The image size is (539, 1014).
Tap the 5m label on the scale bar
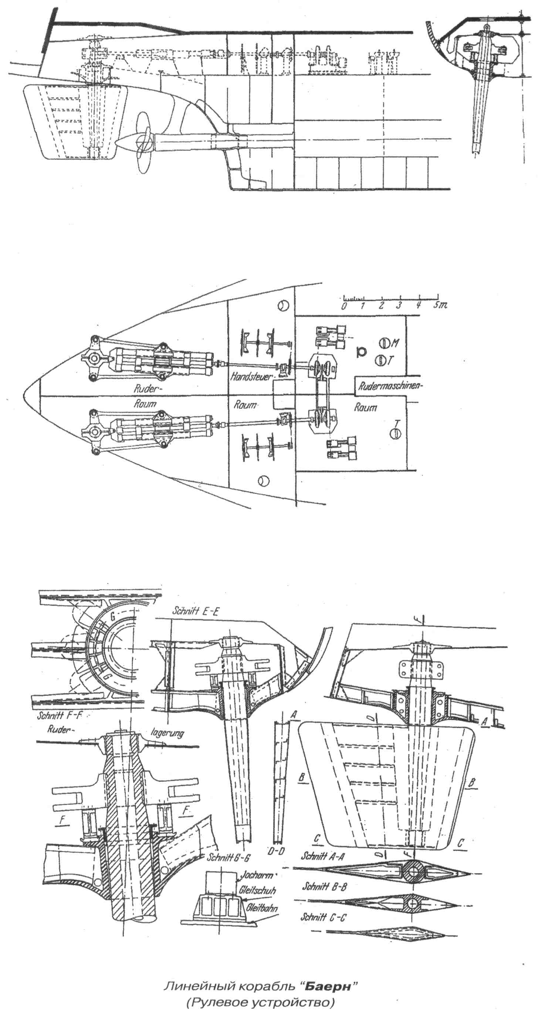440,306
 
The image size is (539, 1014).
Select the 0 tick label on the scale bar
344,306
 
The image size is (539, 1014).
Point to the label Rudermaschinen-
390,386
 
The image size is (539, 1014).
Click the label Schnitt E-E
196,611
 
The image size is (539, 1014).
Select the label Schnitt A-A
323,856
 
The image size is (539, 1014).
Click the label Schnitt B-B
324,886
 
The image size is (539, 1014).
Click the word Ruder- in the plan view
145,389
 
